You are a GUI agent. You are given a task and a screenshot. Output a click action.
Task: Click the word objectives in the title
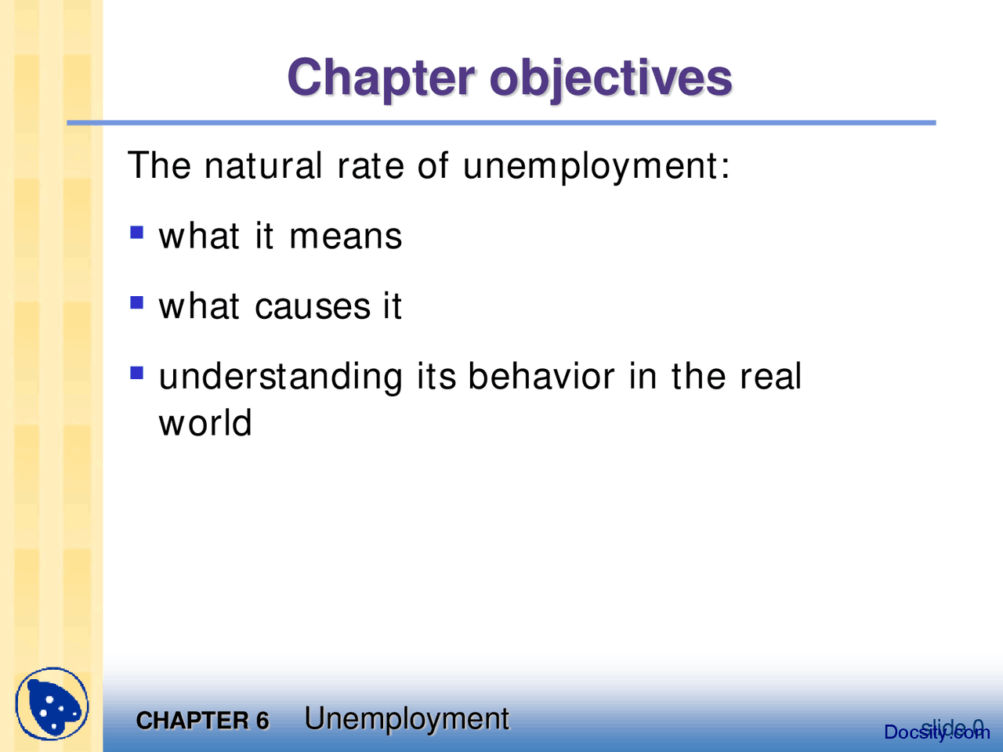[610, 79]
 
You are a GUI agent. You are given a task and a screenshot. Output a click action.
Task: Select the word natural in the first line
[263, 166]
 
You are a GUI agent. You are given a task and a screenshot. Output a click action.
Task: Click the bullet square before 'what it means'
[137, 233]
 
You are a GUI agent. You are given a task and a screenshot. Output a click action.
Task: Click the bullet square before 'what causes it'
[137, 302]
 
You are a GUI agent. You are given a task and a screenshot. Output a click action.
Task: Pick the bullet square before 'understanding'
[137, 373]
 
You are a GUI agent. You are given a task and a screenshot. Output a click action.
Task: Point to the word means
[345, 237]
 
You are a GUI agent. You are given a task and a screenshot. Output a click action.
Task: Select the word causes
[313, 306]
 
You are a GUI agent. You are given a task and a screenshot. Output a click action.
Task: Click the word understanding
[281, 378]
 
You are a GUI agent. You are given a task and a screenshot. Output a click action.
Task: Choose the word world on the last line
[205, 423]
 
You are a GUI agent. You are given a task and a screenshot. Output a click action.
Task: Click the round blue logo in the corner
[52, 704]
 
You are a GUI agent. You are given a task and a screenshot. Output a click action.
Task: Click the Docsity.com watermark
[936, 732]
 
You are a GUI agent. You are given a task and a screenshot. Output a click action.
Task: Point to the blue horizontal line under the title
[501, 123]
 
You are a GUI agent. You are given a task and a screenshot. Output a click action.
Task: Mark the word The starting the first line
[159, 166]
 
